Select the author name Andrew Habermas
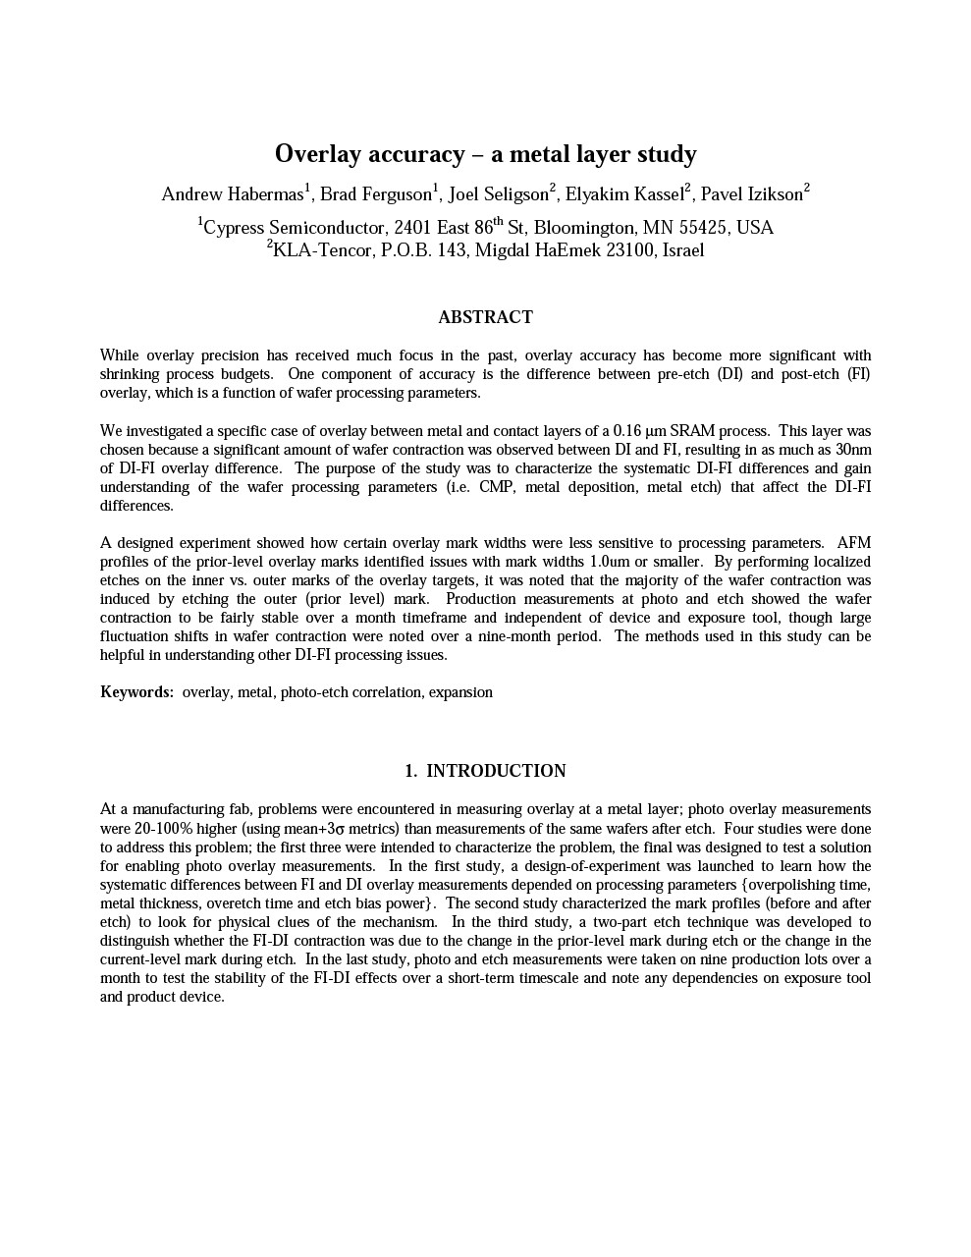click(233, 194)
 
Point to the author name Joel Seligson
click(498, 194)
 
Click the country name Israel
click(683, 250)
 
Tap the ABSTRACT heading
click(485, 317)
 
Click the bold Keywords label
click(136, 692)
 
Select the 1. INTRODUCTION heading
click(485, 771)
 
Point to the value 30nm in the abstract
click(853, 450)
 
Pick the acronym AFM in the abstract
click(853, 543)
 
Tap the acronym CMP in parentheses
click(497, 487)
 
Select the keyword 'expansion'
click(460, 692)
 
